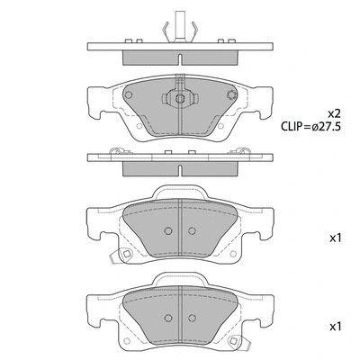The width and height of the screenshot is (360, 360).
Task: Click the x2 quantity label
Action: pos(334,114)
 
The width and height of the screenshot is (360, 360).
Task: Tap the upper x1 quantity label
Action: pos(334,239)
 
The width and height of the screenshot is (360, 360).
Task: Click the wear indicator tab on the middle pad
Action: pos(125,260)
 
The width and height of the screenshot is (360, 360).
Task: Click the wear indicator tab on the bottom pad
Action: pos(236,343)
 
